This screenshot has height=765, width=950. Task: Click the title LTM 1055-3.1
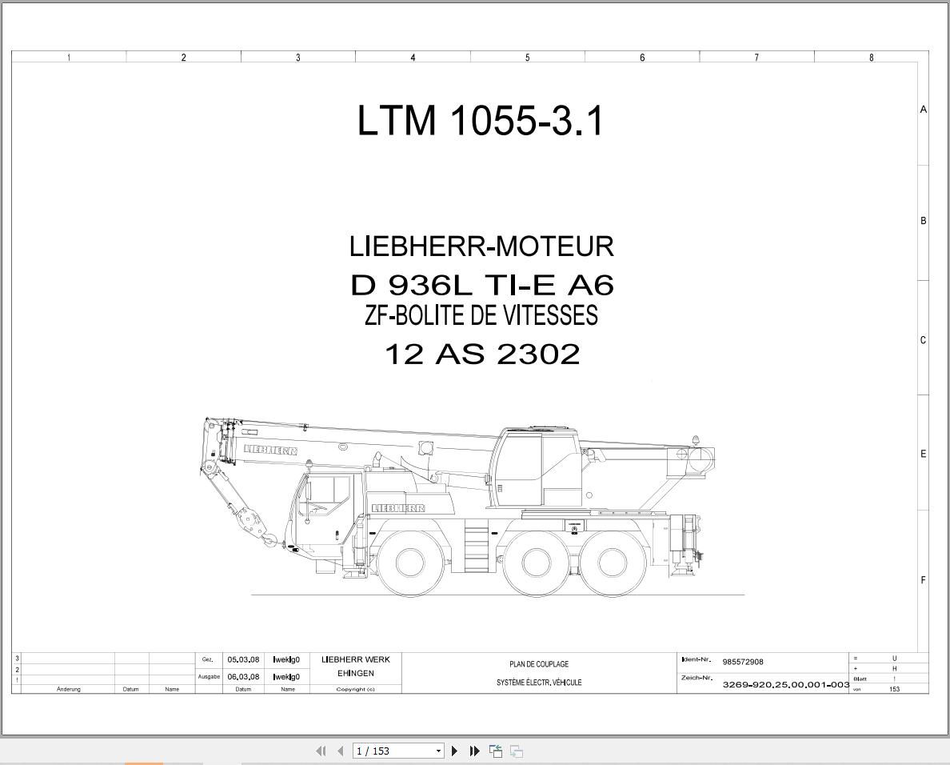(481, 120)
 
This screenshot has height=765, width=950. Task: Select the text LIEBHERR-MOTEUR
(481, 246)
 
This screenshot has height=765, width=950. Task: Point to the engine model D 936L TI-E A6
(482, 285)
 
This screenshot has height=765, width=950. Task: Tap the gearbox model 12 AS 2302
(482, 354)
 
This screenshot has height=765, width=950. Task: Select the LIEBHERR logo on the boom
(270, 450)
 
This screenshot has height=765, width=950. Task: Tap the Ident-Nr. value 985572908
(743, 662)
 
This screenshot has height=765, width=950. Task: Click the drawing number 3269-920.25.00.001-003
(786, 684)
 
